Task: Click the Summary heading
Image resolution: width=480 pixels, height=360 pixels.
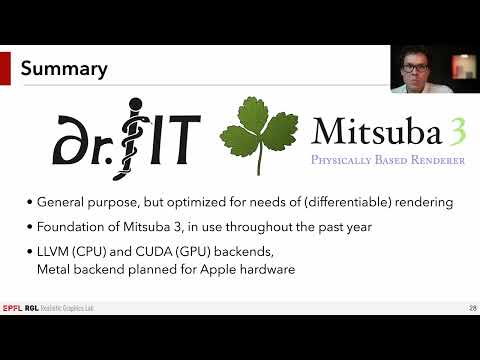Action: tap(65, 69)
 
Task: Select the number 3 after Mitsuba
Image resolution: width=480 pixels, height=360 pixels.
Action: tap(454, 130)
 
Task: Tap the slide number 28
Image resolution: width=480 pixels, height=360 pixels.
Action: tap(470, 306)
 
